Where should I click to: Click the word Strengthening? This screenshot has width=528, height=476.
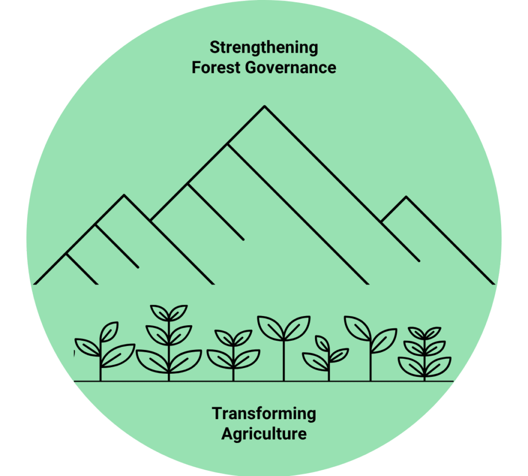263,48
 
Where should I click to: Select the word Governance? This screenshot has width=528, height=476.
291,68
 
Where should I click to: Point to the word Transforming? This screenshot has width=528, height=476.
264,415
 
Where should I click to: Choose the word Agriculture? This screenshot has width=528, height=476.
264,434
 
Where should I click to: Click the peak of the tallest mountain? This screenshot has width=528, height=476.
265,106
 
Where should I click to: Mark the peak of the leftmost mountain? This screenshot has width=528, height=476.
124,195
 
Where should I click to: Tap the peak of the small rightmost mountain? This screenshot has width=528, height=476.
406,197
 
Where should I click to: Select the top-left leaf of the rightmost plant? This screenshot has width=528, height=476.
416,332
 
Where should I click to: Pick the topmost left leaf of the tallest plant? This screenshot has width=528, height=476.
159,313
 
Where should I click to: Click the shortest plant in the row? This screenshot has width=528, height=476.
326,358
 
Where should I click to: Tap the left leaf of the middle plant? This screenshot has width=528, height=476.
270,328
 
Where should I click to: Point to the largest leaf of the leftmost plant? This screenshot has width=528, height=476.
118,355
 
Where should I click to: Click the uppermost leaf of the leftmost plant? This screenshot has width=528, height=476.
109,332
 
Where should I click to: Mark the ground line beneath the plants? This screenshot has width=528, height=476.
263,382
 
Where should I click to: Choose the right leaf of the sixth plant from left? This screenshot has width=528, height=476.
384,341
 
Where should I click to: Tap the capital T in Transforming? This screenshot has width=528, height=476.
217,414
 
